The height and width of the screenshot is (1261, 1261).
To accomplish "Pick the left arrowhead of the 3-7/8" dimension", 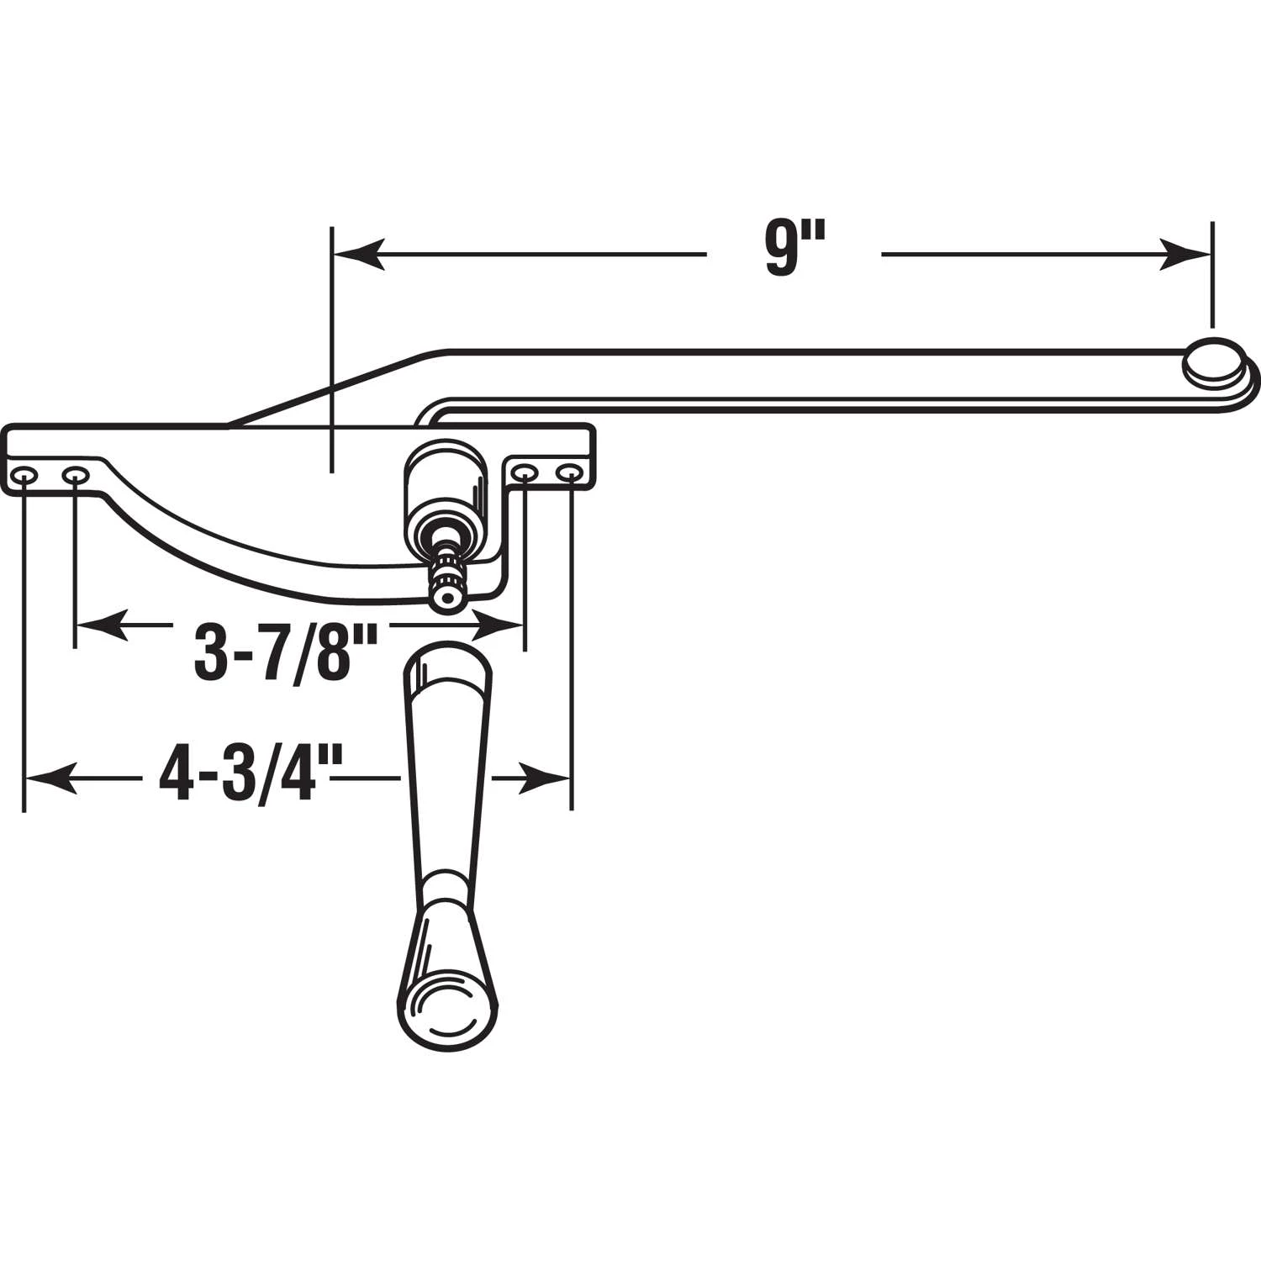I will point(101,625).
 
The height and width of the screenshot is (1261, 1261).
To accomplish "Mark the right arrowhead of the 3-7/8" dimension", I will point(499,625).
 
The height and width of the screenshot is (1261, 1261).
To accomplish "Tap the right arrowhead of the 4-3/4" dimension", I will point(546,778).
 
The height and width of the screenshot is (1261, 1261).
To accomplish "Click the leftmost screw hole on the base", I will point(24,477).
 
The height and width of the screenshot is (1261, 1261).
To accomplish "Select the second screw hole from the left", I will point(75,477).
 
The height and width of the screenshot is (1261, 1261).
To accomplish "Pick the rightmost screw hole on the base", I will point(571,474).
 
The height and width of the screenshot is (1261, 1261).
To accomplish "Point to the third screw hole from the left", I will point(525,474).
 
